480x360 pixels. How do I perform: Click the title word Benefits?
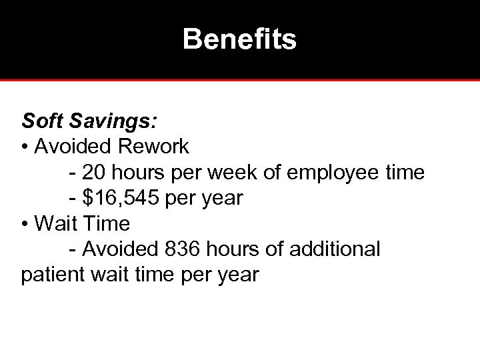pyautogui.click(x=239, y=39)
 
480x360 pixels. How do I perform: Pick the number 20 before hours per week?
pyautogui.click(x=94, y=173)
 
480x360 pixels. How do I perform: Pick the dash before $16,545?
pyautogui.click(x=72, y=199)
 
